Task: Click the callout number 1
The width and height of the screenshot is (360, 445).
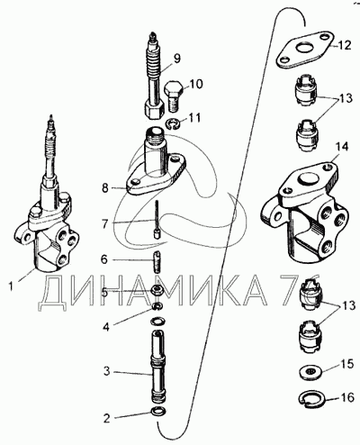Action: coord(11,286)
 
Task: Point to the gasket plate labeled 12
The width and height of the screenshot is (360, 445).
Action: coord(304,50)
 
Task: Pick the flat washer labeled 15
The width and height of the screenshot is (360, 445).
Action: coord(311,372)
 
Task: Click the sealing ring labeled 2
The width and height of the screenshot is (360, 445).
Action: coord(159,411)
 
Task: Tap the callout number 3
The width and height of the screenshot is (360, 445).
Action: coord(107,371)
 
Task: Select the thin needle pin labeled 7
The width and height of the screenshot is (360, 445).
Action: coord(157,220)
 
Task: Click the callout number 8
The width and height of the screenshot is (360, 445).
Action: coord(105,189)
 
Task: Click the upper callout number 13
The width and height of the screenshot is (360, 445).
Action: coord(345,98)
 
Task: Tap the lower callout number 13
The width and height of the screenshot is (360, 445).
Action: coord(348,305)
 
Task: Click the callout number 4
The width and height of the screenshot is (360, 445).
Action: coord(106,326)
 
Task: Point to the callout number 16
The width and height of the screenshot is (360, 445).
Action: coord(347,398)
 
